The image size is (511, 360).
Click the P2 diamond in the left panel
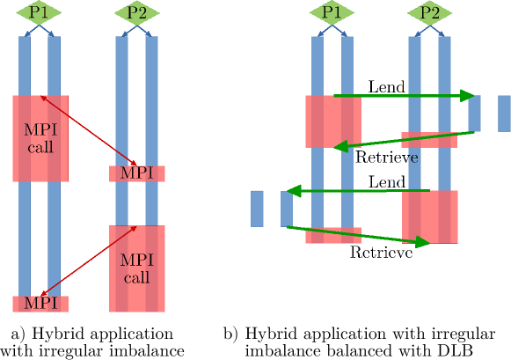(137, 12)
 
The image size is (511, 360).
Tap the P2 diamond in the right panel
(430, 12)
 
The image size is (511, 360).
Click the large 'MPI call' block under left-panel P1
(40, 138)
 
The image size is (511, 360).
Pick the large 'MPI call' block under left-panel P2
(136, 268)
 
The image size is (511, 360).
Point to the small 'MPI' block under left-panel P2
(136, 173)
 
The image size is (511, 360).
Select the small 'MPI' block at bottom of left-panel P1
(40, 304)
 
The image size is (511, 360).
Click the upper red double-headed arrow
(88, 131)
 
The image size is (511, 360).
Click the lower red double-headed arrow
(88, 261)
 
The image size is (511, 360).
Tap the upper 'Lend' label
(386, 87)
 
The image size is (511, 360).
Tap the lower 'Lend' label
(386, 182)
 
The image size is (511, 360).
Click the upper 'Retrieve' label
(386, 158)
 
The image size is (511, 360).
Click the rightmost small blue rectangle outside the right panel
(504, 114)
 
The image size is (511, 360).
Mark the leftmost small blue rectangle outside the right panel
(257, 209)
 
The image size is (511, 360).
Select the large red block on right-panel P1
(333, 121)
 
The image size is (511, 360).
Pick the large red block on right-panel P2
(429, 217)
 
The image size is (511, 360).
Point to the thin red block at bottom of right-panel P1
(333, 235)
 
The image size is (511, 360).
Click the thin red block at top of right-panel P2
(429, 139)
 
